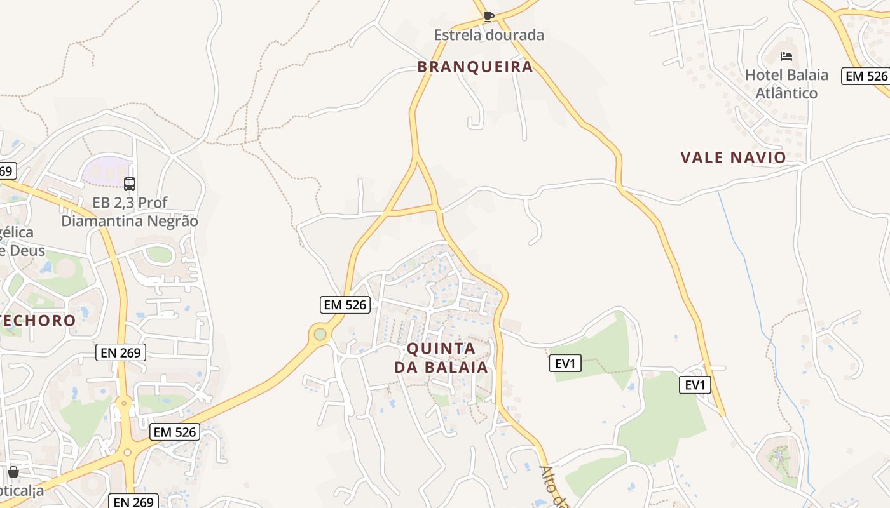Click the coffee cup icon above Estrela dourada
[488, 17]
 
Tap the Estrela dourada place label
[489, 35]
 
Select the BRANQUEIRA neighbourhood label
[475, 67]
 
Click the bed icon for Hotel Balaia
[786, 57]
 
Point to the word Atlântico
[786, 93]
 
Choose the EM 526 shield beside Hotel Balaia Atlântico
[866, 76]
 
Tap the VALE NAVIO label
[733, 157]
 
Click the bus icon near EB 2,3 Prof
[130, 184]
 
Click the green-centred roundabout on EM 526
[320, 334]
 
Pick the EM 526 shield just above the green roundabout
[345, 305]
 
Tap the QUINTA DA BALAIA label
[441, 358]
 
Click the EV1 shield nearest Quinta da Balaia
[565, 364]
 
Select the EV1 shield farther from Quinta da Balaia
[695, 385]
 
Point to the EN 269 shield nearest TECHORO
[121, 352]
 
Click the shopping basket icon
[13, 472]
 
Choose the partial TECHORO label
[38, 320]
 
